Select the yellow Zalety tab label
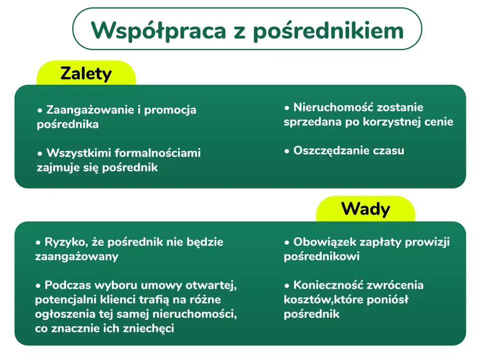tap(86, 74)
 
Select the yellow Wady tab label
tap(365, 209)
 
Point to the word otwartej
tap(213, 285)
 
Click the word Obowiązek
tap(321, 242)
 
